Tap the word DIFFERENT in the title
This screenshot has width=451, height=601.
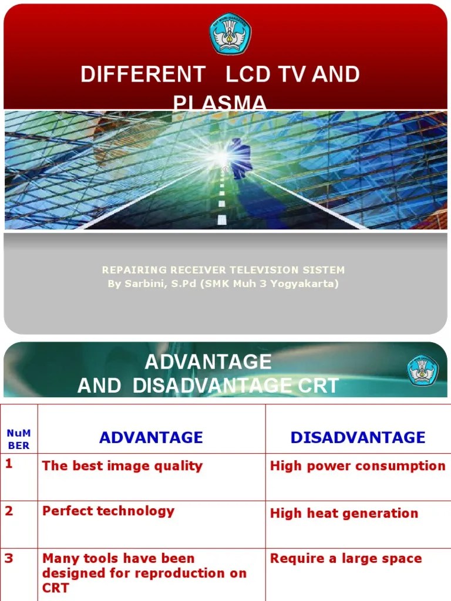(x=143, y=75)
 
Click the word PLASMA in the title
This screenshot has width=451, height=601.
(x=220, y=103)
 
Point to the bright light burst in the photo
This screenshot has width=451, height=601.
(x=221, y=156)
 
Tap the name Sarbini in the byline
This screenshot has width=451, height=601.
(x=147, y=284)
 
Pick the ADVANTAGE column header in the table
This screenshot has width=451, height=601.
(x=151, y=437)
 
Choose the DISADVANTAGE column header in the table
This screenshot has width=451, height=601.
(x=358, y=437)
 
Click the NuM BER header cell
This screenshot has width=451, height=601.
(x=19, y=439)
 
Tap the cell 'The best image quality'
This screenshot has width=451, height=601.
(x=122, y=466)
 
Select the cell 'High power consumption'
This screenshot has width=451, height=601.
(x=358, y=466)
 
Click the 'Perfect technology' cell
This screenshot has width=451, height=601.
(x=108, y=511)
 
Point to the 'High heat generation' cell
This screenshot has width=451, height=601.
(x=344, y=514)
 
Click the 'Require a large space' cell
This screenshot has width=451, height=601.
(x=346, y=558)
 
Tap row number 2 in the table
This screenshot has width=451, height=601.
(x=9, y=511)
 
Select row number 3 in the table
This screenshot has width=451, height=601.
(x=9, y=558)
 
